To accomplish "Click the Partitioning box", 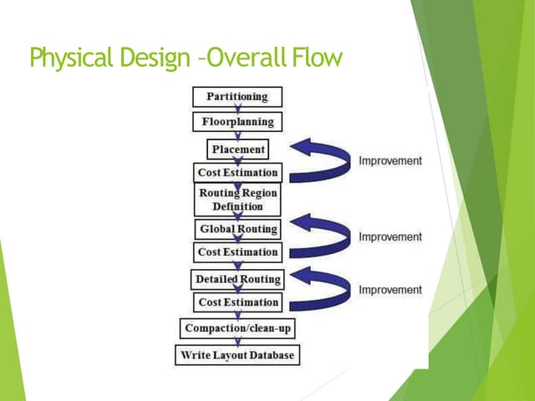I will click(237, 97).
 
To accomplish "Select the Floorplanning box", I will click(237, 122).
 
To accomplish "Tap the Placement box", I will click(238, 150).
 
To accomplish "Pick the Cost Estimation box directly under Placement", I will click(237, 174).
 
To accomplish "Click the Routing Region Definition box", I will click(237, 200).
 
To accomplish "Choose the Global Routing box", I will click(238, 228).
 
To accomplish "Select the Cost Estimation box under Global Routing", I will click(237, 252).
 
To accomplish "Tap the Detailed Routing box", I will click(238, 278).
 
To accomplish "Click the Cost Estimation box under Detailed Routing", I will click(237, 302).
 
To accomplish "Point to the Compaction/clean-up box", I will click(237, 328).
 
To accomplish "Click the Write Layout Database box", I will click(237, 355).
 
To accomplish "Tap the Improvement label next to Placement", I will click(390, 160).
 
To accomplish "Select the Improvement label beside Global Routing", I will click(390, 237).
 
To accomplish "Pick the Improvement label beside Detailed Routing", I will click(390, 290).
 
